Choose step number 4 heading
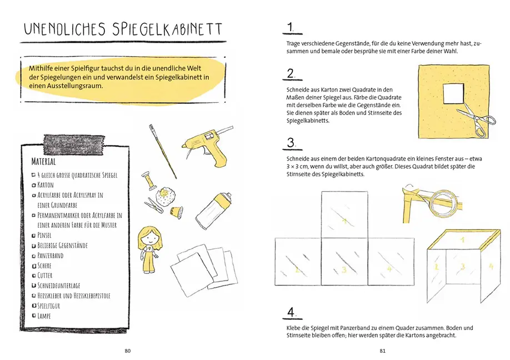(x=291, y=313)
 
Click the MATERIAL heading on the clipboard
(x=44, y=162)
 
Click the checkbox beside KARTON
(x=34, y=186)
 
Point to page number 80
(x=127, y=351)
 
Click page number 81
(x=382, y=351)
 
